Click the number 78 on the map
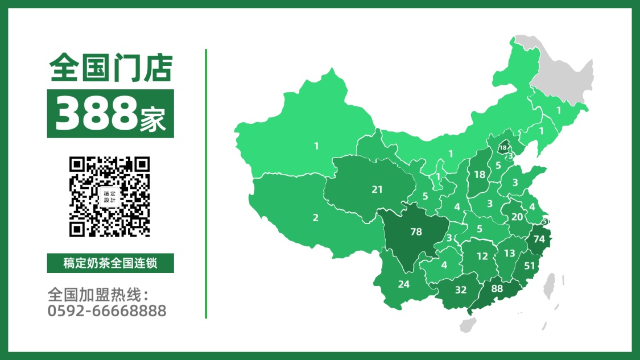coord(416,231)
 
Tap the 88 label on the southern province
coord(497,288)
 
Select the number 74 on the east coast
coord(539,239)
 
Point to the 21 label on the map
coord(377,189)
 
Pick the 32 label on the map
coord(461,289)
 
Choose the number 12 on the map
coord(482,256)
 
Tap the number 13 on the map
coord(509,253)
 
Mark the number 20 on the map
coord(517,217)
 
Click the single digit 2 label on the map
coord(316,217)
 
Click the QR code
coord(110,197)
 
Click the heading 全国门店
coord(110,68)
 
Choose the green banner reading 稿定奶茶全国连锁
coord(110,263)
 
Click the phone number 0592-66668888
coord(108,311)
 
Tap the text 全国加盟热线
coord(98,295)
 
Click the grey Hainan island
coord(469,325)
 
